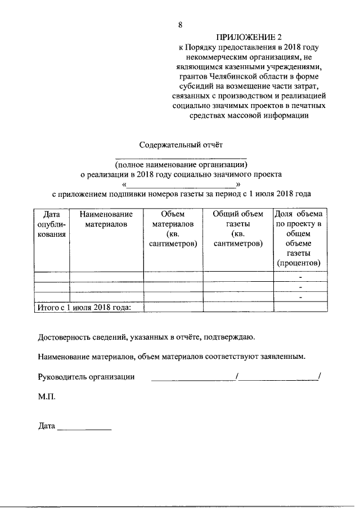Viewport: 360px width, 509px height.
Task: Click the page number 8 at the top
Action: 181,25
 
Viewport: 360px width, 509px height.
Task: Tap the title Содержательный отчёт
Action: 181,145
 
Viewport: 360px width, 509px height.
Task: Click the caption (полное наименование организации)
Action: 181,165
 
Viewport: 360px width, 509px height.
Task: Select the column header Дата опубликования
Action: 52,224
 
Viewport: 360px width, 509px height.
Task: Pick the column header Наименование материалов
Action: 106,219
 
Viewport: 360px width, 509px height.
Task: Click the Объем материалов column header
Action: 173,229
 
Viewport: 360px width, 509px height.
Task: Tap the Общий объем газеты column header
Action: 238,229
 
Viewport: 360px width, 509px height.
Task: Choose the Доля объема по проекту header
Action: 299,238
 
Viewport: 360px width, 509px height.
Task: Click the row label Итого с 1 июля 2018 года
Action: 83,307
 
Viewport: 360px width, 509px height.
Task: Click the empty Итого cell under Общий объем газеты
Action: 238,307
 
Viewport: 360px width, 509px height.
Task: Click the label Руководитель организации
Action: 86,376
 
